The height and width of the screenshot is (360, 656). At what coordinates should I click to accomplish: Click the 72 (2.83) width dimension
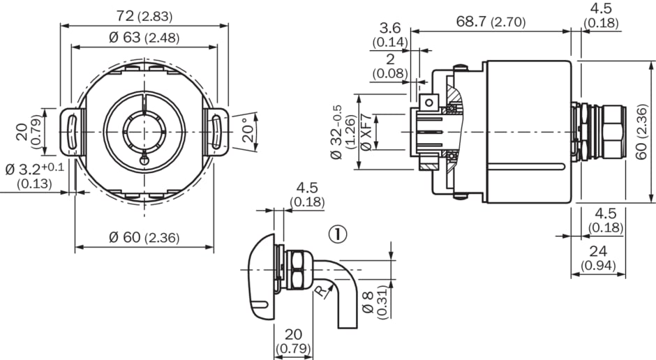click(144, 16)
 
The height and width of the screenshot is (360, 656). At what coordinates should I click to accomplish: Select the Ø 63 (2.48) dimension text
click(144, 38)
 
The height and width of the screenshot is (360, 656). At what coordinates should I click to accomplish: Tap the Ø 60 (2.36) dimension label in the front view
click(144, 237)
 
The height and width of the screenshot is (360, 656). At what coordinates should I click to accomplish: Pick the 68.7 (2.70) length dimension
click(491, 22)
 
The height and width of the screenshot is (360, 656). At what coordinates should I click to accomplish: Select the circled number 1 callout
click(338, 234)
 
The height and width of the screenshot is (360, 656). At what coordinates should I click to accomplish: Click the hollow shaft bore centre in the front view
click(144, 130)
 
